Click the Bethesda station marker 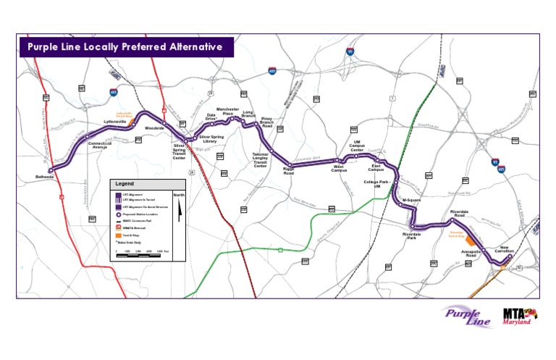pyautogui.click(x=51, y=171)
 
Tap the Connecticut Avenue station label pyautogui.click(x=100, y=145)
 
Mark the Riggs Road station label pyautogui.click(x=288, y=172)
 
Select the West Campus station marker pyautogui.click(x=337, y=160)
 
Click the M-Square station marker pyautogui.click(x=400, y=205)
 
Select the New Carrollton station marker pyautogui.click(x=510, y=256)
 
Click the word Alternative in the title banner pyautogui.click(x=192, y=47)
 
